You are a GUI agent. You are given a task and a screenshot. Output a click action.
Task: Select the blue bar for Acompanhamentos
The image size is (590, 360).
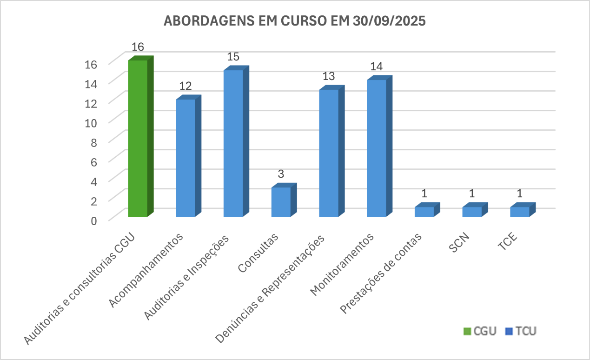pos(186,158)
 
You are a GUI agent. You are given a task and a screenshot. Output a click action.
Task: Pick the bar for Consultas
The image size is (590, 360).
pos(281,202)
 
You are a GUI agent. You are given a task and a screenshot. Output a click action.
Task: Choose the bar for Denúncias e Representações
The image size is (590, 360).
pos(329,153)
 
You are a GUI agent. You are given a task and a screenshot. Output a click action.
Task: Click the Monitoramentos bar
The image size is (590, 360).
pos(376,148)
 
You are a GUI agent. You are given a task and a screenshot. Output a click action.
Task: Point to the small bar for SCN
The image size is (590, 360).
pos(472,212)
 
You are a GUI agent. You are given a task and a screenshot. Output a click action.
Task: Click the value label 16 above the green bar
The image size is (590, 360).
pos(138,47)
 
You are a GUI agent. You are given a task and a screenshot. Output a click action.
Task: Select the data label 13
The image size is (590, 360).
pos(329,76)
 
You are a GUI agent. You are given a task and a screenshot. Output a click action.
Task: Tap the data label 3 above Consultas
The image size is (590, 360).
pos(281,174)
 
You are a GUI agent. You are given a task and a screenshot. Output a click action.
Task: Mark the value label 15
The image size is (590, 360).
pos(233,57)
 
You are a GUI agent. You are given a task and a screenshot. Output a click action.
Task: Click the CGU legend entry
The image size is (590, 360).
pos(480,331)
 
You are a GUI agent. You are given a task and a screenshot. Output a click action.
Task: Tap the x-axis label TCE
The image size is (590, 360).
pos(508,243)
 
